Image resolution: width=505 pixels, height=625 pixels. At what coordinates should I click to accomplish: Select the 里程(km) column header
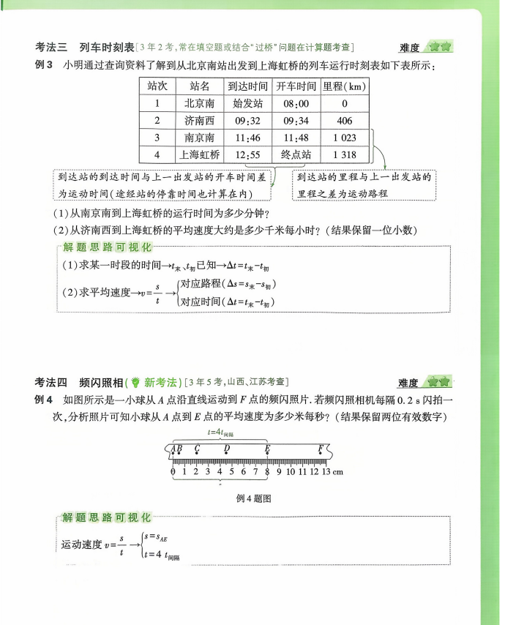pos(344,86)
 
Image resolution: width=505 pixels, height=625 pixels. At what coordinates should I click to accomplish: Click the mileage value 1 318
pos(344,154)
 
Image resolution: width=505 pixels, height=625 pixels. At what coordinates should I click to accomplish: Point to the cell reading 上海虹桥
pos(199,154)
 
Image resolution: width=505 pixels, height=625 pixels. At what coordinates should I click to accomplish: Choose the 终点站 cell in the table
pos(296,154)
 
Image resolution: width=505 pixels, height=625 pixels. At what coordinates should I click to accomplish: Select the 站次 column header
pos(157,86)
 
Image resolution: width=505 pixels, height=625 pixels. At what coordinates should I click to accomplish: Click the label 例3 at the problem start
pos(44,66)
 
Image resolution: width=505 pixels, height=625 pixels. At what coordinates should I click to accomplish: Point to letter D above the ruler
pos(227,449)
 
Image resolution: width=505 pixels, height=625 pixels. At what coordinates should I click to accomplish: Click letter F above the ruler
pos(321,449)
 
